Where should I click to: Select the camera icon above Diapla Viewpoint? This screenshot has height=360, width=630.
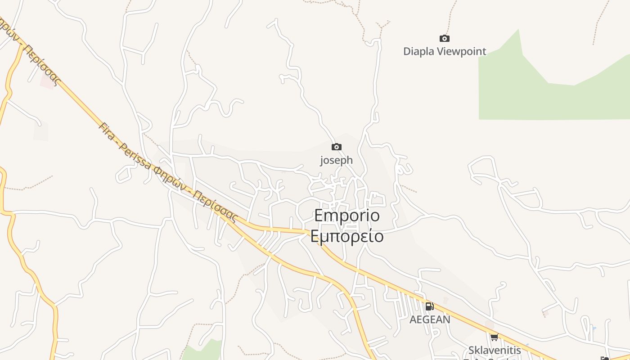point(445,39)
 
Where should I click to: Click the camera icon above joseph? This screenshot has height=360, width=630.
point(336,147)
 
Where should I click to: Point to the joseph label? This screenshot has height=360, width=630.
point(336,160)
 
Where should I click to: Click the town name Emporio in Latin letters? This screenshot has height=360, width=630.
point(347,216)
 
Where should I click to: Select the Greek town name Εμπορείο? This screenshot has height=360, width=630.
point(347,236)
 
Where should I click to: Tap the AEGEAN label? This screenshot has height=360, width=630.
point(430,319)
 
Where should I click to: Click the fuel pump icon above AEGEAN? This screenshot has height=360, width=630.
point(429,306)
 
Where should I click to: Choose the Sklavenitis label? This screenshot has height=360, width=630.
point(495,350)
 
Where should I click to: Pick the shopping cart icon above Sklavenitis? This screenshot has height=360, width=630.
point(494,337)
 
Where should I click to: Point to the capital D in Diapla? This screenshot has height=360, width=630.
point(407,51)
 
